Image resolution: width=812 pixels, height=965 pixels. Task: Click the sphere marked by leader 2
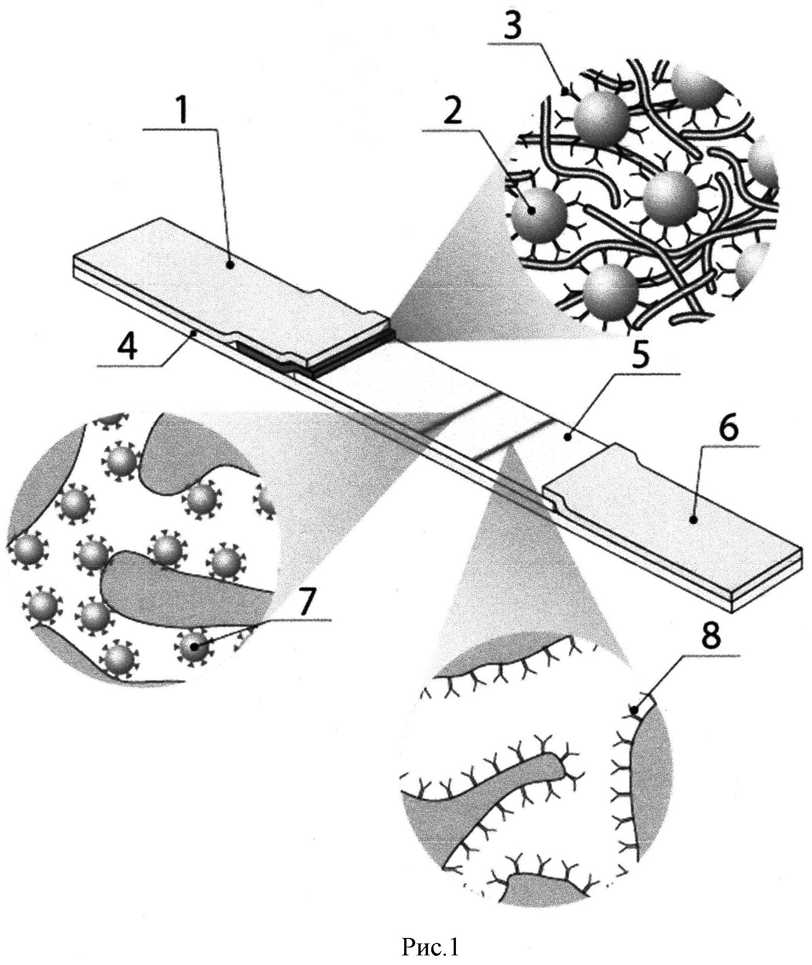[538, 214]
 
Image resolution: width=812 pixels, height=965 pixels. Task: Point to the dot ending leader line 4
[196, 331]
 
